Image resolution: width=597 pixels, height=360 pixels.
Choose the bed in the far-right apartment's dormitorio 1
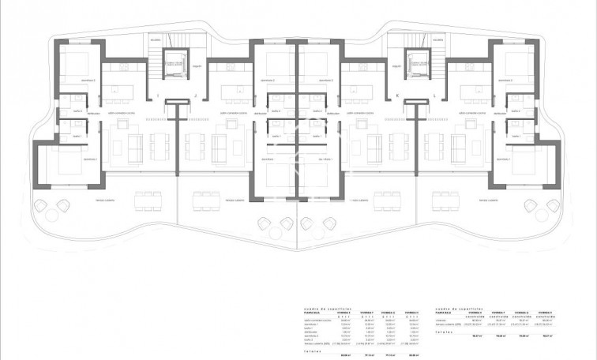coord(528,162)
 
